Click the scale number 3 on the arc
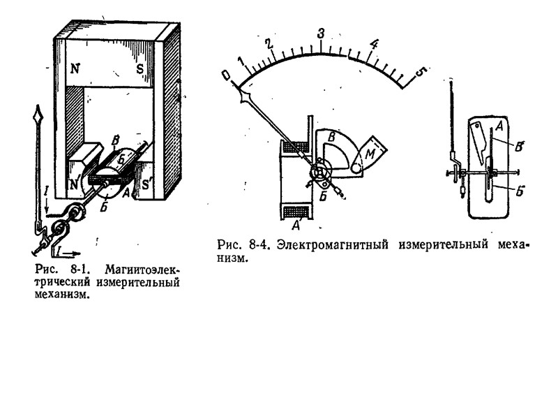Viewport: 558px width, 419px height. tap(320, 34)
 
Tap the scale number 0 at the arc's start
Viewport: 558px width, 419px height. tap(225, 74)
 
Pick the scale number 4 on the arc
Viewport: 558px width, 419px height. tap(374, 45)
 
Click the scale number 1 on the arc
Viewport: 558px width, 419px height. tap(241, 60)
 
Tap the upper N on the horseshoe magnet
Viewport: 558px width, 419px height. tap(73, 69)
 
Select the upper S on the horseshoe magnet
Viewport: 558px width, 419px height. tap(140, 69)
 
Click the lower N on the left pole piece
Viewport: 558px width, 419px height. tap(73, 185)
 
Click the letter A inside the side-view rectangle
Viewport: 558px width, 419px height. tap(499, 126)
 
